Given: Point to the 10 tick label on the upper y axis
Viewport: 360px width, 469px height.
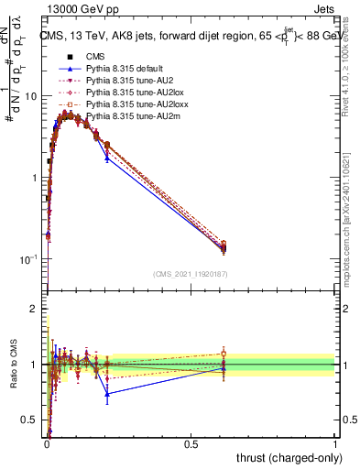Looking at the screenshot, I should (31, 96).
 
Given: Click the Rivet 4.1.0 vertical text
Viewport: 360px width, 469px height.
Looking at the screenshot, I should (352, 69).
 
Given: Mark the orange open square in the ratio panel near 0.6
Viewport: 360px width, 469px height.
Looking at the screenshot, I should (224, 354).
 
